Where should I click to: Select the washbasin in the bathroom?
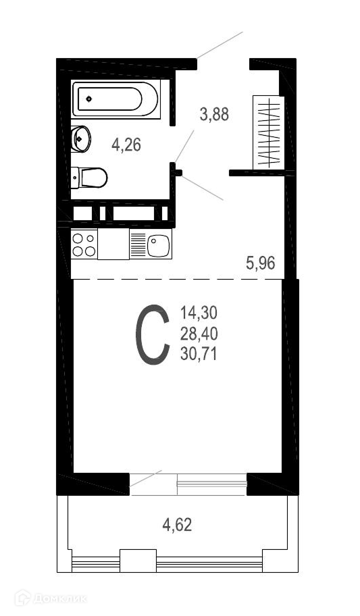click(80, 138)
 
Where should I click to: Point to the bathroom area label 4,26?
click(126, 145)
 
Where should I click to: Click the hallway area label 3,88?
click(214, 115)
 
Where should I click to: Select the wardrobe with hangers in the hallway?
click(268, 132)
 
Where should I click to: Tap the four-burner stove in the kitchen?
click(84, 245)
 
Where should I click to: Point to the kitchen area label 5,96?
click(261, 263)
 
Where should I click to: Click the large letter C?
click(152, 334)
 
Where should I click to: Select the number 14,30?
click(199, 313)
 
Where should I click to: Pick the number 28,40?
click(199, 334)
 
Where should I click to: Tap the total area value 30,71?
click(199, 355)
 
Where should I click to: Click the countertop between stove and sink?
click(113, 245)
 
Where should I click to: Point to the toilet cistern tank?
click(75, 178)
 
